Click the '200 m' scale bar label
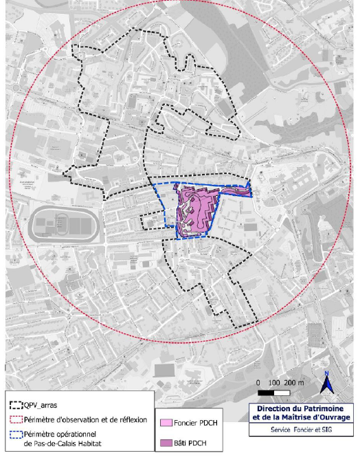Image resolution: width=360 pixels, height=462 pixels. pyautogui.click(x=297, y=382)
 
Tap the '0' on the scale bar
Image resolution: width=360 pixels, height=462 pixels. pyautogui.click(x=258, y=382)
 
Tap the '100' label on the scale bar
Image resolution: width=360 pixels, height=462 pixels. pyautogui.click(x=275, y=382)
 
